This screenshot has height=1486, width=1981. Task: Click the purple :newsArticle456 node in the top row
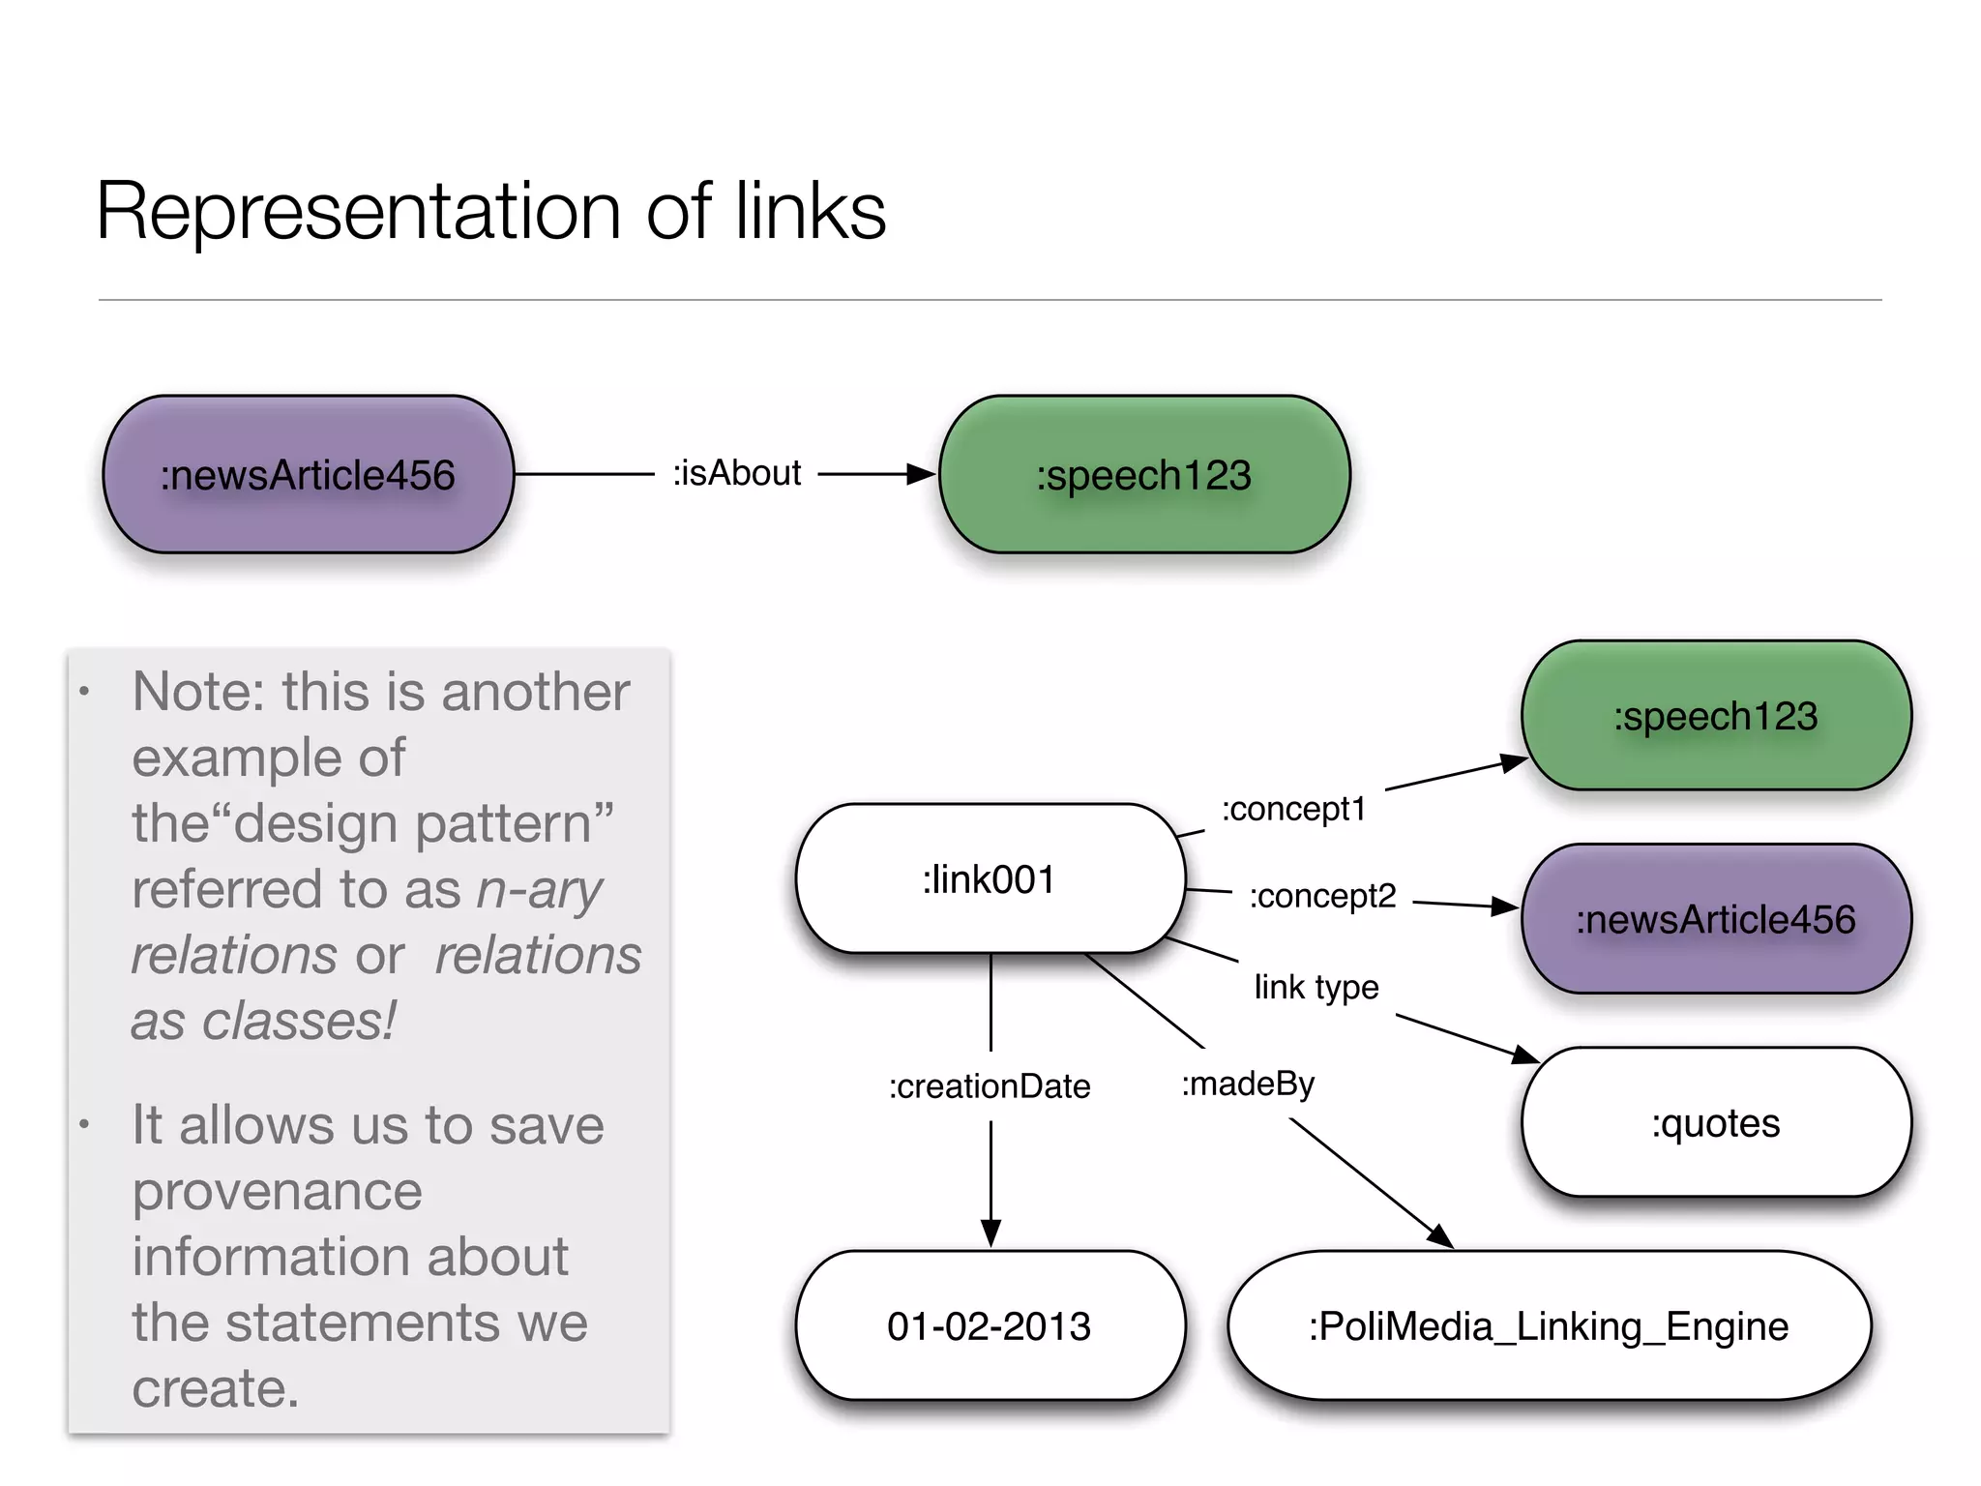(308, 475)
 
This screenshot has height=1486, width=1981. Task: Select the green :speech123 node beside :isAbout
(1144, 475)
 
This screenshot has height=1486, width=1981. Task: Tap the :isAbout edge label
(737, 473)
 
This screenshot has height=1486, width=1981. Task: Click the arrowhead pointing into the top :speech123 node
(921, 474)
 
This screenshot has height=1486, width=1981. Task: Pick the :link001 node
(990, 879)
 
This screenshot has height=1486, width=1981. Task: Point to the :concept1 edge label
(1293, 809)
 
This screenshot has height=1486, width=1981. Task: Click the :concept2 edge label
(1322, 896)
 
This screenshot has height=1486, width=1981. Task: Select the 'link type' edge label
(1316, 987)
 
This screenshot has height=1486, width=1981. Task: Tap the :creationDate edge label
(990, 1086)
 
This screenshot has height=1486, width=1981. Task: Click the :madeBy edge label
(1248, 1084)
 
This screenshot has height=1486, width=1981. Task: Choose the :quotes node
(1716, 1123)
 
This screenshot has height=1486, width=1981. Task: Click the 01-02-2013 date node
(990, 1326)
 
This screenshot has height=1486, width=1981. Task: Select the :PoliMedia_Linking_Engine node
(1549, 1326)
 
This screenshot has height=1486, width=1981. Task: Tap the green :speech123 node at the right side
(1716, 716)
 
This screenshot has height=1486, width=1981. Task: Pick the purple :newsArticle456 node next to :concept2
(1716, 919)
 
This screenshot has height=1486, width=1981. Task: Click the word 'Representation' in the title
(358, 212)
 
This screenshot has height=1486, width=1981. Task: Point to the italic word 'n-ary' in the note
(540, 889)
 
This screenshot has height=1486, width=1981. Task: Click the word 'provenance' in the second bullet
(278, 1191)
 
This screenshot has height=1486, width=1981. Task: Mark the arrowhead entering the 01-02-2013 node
(990, 1233)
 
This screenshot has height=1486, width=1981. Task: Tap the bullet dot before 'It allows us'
(85, 1125)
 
